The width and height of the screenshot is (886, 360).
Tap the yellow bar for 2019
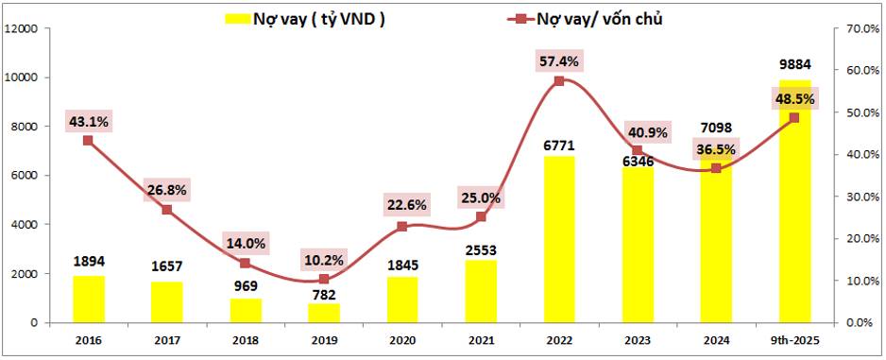pos(324,312)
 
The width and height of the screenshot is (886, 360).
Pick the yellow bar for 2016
pos(89,299)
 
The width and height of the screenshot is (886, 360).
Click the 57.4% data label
pos(558,60)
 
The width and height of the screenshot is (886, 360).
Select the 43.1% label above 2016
pos(89,121)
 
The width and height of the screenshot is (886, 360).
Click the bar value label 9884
pos(793,65)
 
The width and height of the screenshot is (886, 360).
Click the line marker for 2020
pos(402,227)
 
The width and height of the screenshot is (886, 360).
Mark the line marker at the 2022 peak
pos(558,81)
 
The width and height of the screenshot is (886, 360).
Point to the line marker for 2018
pos(246,263)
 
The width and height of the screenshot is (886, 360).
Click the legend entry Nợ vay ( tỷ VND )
pos(303,18)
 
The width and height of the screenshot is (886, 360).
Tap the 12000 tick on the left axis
pos(21,28)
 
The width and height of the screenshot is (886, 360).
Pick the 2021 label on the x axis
pos(480,340)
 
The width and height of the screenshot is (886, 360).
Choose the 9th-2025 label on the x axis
pos(793,340)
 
